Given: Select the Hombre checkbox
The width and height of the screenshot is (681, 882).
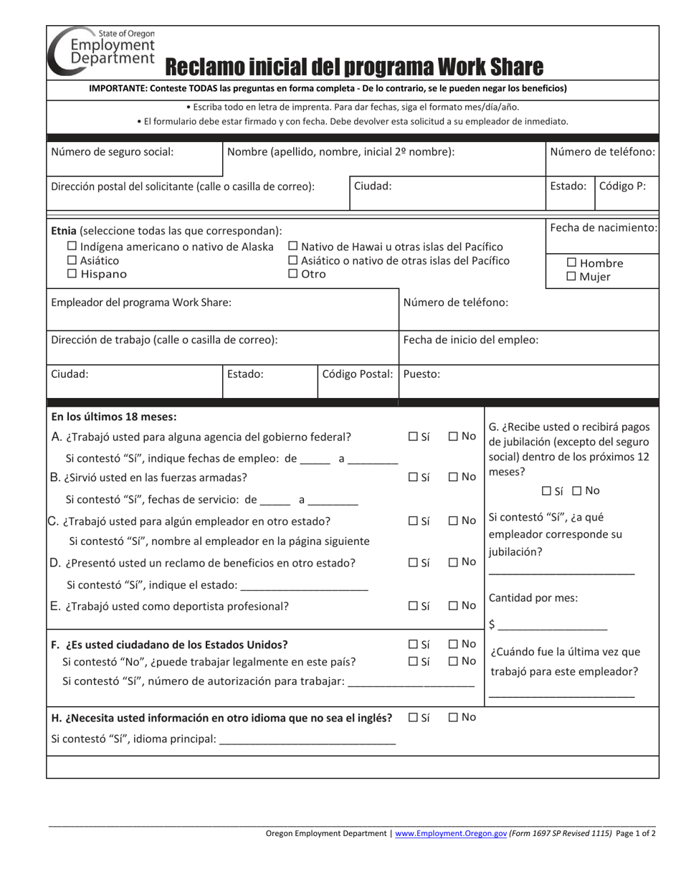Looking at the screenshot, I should point(572,263).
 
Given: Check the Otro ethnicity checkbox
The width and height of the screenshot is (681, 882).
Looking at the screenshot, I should point(293,274).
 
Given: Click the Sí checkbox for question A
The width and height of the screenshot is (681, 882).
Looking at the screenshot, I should point(413,436).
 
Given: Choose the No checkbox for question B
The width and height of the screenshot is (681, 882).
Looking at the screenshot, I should point(454,477).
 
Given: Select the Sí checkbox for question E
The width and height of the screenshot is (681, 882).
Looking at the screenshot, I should point(413,605).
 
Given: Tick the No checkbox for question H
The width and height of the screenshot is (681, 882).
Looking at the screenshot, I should point(454,717).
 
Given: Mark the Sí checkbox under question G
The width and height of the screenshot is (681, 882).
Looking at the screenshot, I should point(547,491).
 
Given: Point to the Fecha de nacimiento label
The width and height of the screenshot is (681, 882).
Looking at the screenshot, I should point(603,227).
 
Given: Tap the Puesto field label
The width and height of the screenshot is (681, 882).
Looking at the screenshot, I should point(422,374).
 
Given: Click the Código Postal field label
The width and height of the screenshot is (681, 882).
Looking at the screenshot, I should point(358,374).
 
